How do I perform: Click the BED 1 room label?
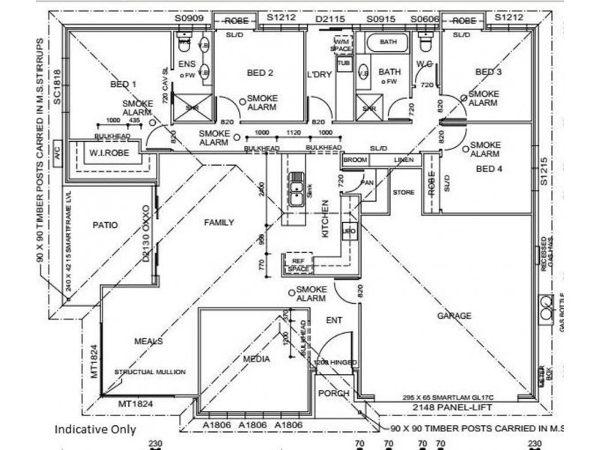[x=123, y=84]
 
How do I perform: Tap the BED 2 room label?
[x=259, y=73]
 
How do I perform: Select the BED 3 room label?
[x=488, y=72]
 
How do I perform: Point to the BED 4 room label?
[x=490, y=169]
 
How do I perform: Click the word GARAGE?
[x=454, y=316]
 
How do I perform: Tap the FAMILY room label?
[x=219, y=222]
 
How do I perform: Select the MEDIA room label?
[x=256, y=359]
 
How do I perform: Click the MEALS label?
[x=148, y=341]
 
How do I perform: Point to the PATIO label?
[x=106, y=223]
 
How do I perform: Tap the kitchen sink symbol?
[x=297, y=192]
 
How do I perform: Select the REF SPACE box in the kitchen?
[x=298, y=263]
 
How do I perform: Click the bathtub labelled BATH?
[x=388, y=43]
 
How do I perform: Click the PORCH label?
[x=334, y=394]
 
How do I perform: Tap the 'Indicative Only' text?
[x=94, y=430]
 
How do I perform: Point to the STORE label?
[x=404, y=193]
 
